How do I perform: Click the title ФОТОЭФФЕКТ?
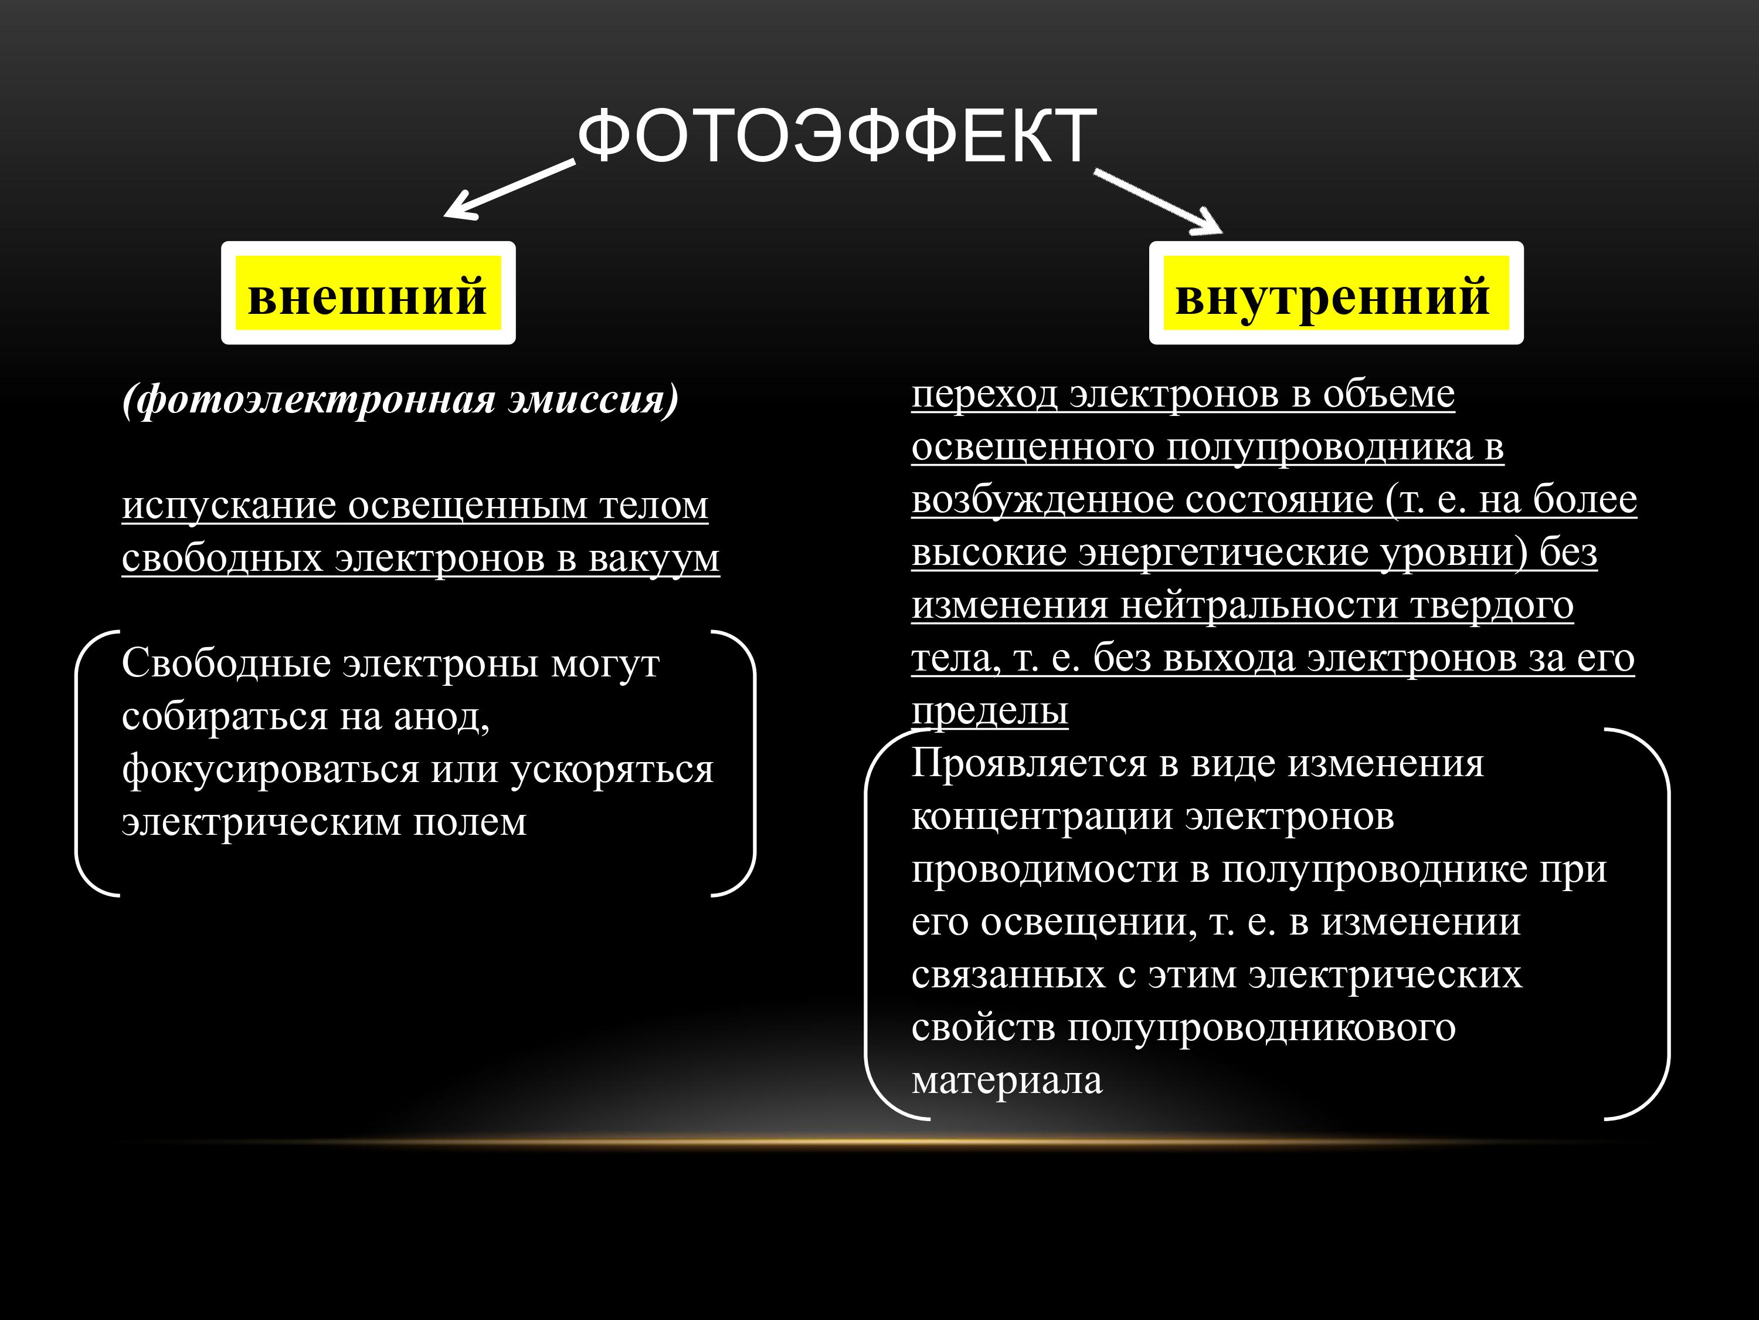[x=837, y=136]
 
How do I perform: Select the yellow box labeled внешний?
[x=368, y=293]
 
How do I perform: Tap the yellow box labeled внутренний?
[x=1336, y=293]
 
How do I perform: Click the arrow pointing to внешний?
[x=509, y=188]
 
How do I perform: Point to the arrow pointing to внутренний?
[x=1158, y=201]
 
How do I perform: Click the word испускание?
[x=229, y=506]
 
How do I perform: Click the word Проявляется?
[x=1029, y=764]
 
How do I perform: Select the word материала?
[x=1007, y=1081]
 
